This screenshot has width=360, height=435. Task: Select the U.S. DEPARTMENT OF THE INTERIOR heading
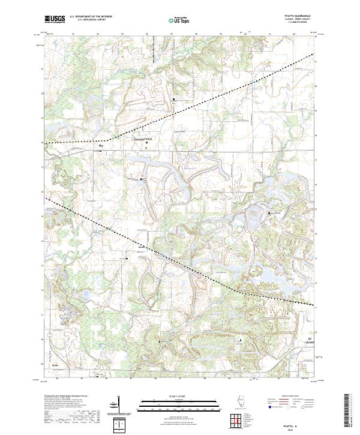[x=91, y=17]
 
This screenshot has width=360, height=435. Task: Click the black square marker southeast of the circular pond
[x=269, y=213]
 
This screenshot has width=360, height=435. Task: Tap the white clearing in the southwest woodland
[x=105, y=327]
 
